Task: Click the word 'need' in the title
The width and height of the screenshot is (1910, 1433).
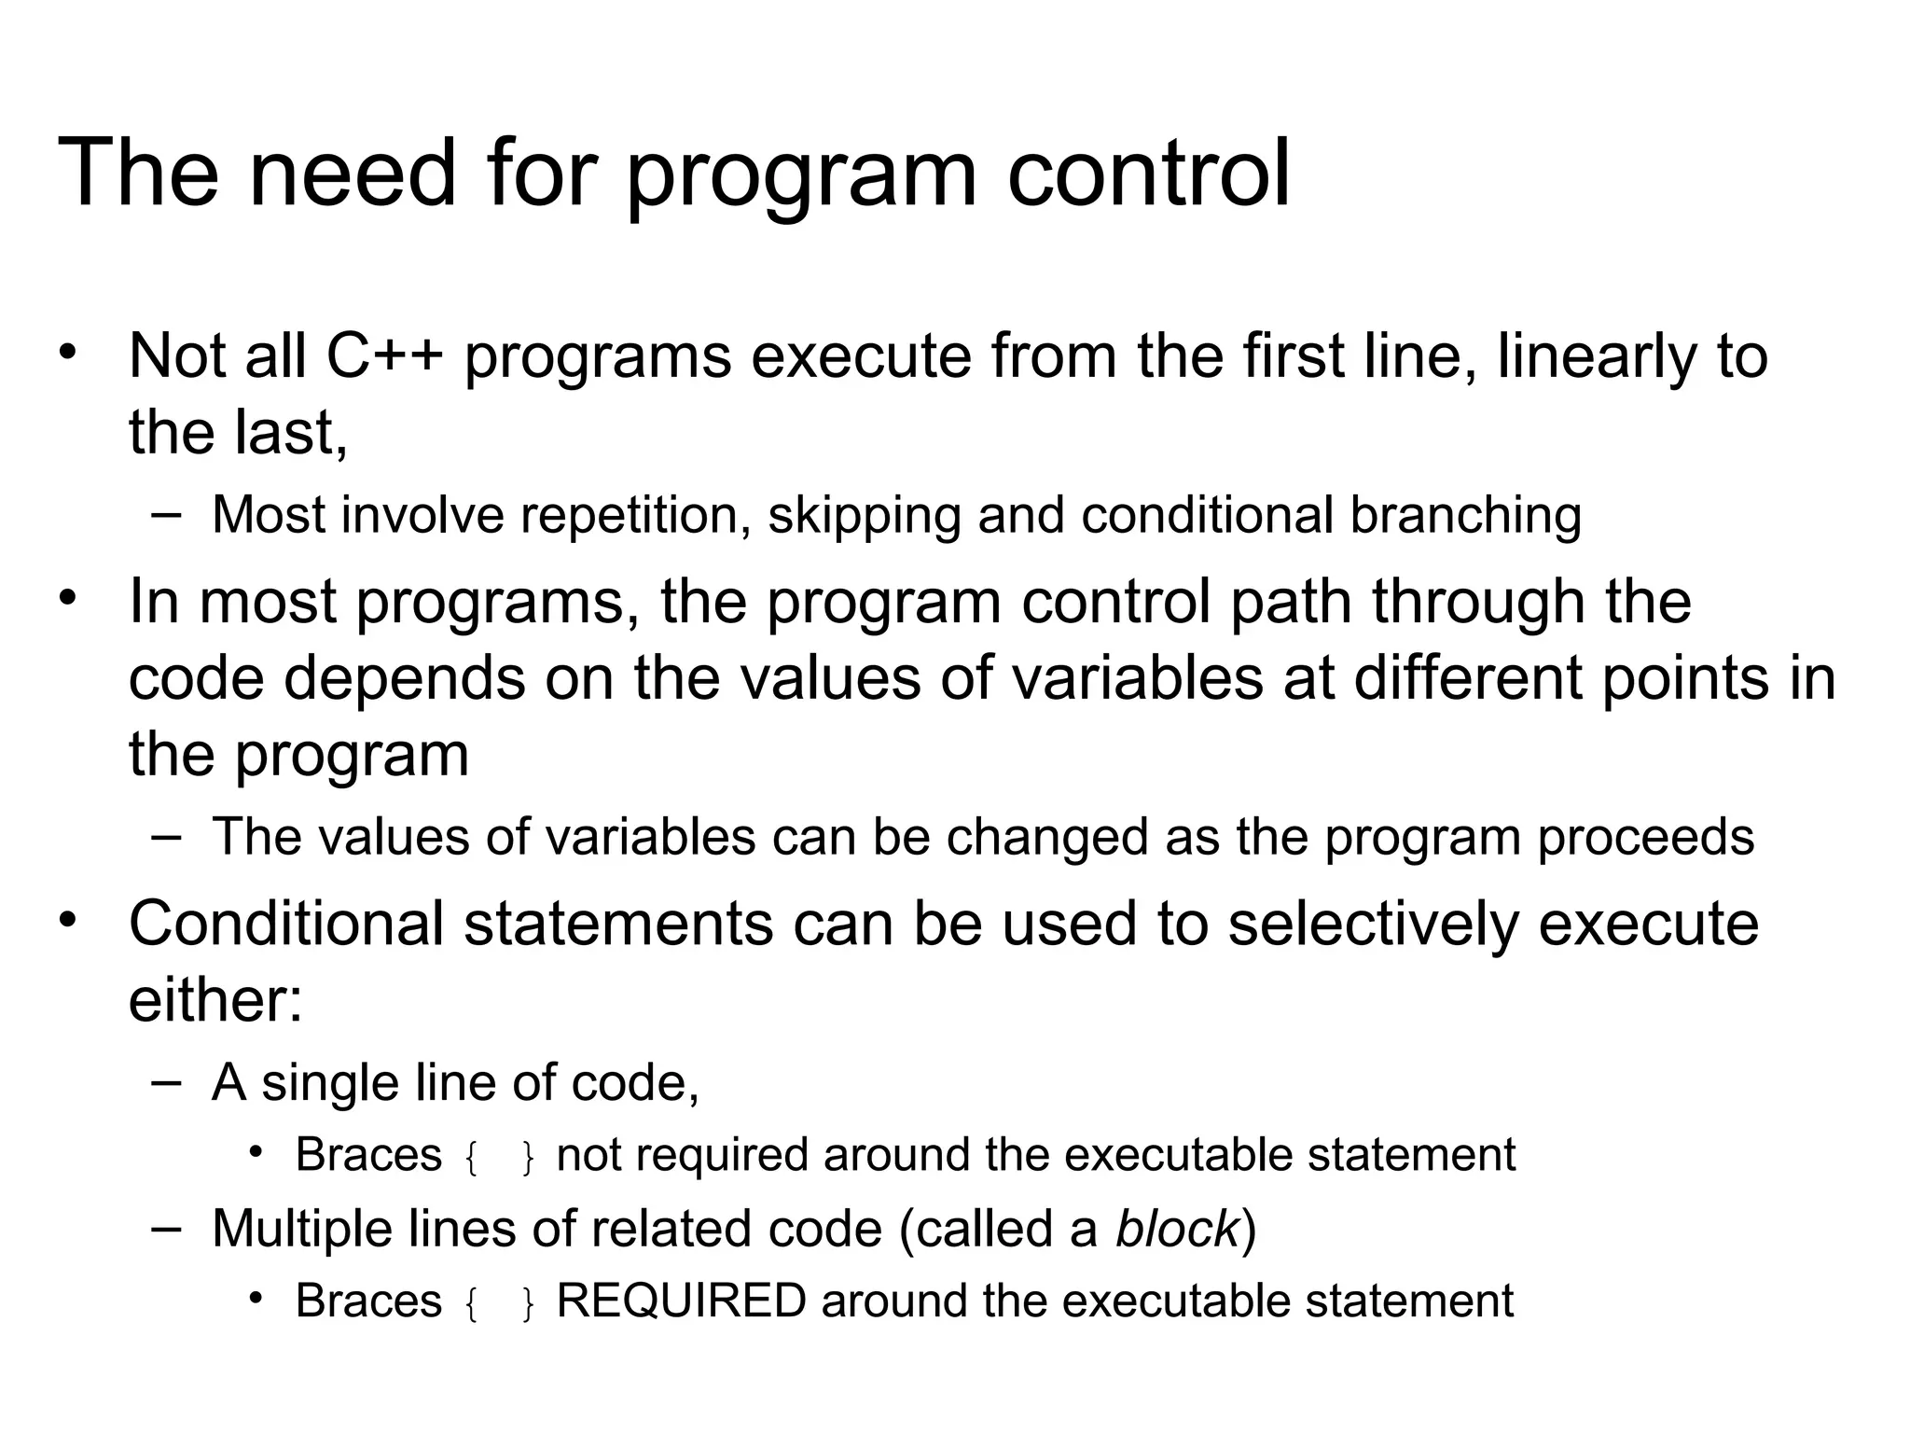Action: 353,173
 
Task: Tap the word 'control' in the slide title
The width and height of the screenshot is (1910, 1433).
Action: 1148,173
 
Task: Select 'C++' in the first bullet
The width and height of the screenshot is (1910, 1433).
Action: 383,356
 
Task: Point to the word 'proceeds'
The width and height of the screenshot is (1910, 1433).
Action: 1645,837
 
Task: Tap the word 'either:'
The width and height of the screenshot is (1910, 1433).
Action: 215,1000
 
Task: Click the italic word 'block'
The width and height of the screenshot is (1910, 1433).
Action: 1177,1229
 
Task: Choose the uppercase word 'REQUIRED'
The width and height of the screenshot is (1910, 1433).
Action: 681,1301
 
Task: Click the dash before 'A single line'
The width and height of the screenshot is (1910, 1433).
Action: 166,1082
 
